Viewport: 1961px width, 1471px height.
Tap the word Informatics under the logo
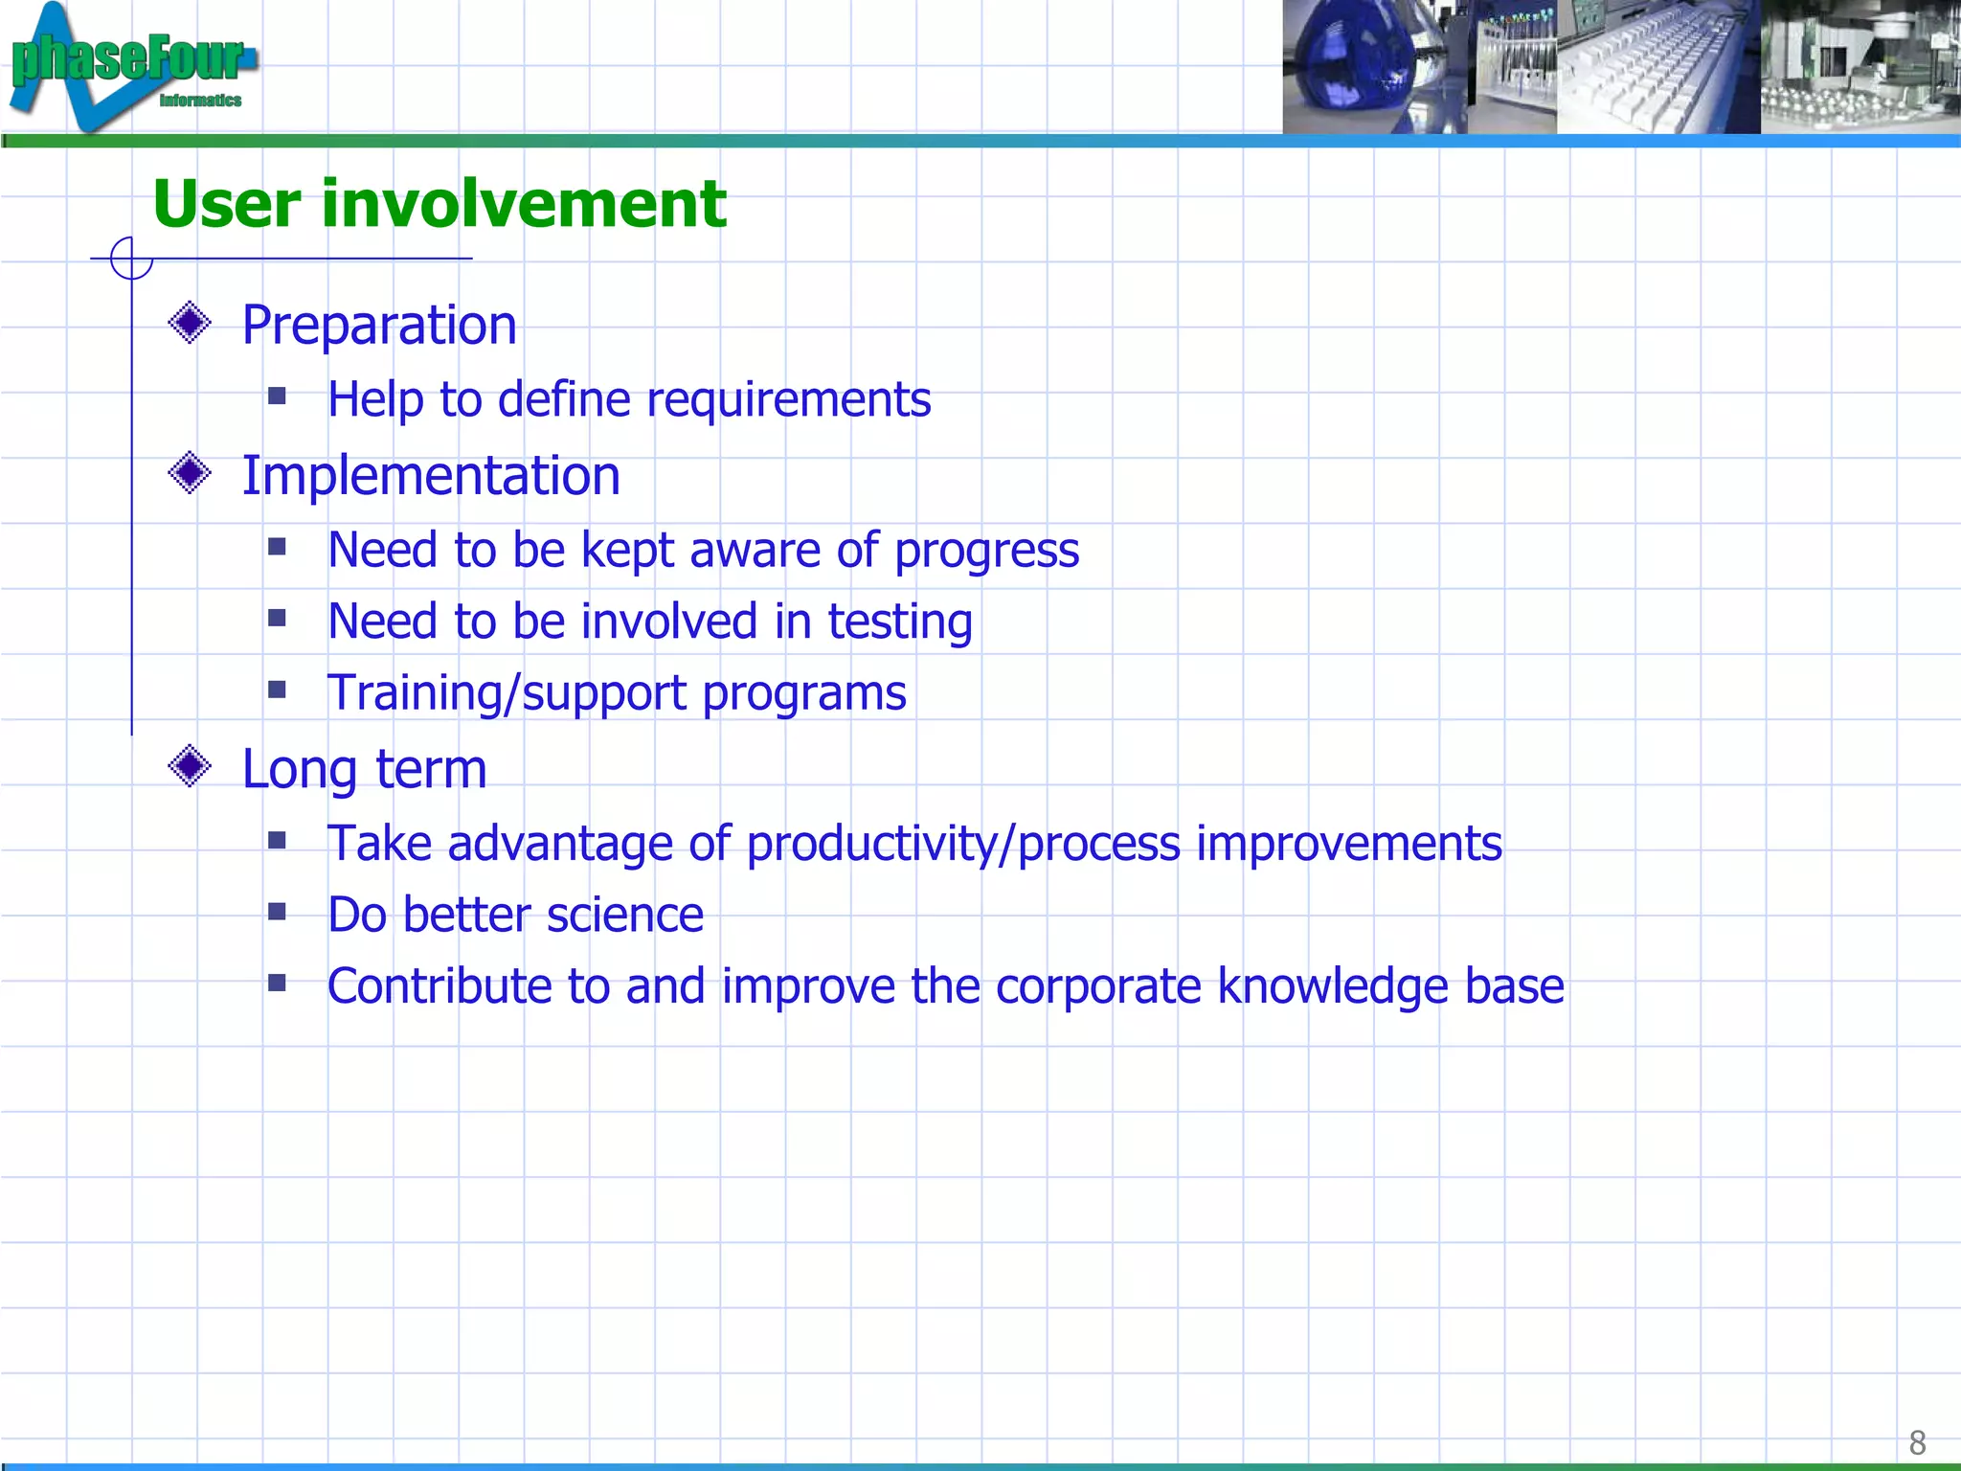(x=200, y=101)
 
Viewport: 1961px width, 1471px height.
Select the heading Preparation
(x=379, y=326)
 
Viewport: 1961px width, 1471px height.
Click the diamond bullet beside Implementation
(x=190, y=473)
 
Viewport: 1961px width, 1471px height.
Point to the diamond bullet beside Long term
(x=190, y=766)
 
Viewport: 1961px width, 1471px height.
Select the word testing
(x=900, y=622)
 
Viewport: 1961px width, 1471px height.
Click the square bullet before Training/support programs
(x=278, y=690)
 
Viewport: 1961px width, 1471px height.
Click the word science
(x=625, y=916)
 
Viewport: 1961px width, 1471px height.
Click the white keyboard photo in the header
(x=1657, y=67)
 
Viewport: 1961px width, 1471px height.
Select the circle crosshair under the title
(x=131, y=259)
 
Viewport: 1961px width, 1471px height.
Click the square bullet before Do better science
(x=278, y=912)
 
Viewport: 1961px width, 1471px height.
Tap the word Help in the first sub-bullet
(x=375, y=400)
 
